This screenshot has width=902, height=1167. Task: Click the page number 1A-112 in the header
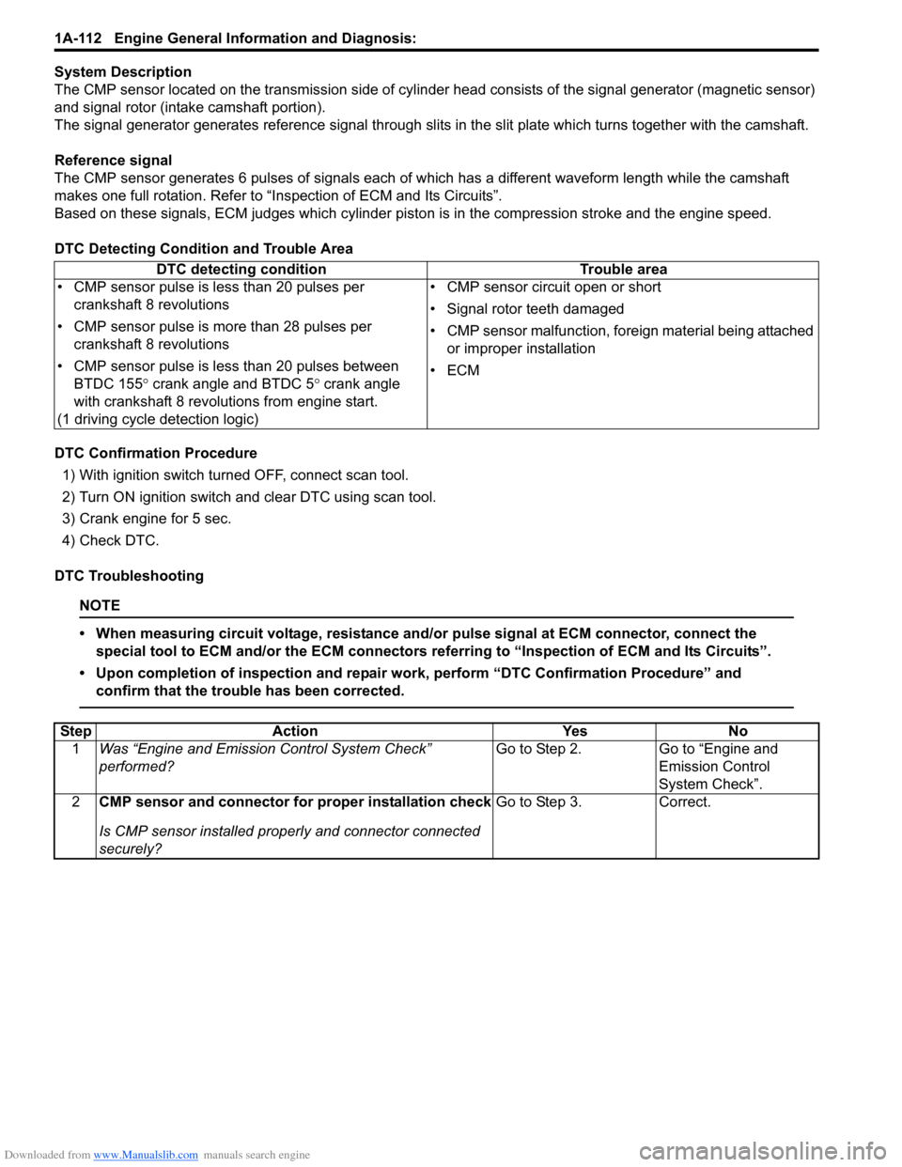pyautogui.click(x=78, y=39)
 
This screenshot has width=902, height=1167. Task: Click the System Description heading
pyautogui.click(x=123, y=71)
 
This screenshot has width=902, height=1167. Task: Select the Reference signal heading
pyautogui.click(x=114, y=160)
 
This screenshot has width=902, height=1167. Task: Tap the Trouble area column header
pyautogui.click(x=623, y=270)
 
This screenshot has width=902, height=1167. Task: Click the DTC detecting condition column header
pyautogui.click(x=241, y=270)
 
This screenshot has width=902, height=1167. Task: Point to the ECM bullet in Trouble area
pyautogui.click(x=463, y=370)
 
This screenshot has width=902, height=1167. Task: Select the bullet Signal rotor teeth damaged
pyautogui.click(x=535, y=308)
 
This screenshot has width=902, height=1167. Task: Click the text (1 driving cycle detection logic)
pyautogui.click(x=158, y=419)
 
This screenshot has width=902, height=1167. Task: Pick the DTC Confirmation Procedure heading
pyautogui.click(x=156, y=453)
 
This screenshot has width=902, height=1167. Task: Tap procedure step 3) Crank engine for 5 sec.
pyautogui.click(x=147, y=519)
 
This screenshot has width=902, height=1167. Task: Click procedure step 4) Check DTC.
pyautogui.click(x=111, y=540)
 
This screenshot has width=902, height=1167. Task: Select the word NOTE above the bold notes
pyautogui.click(x=100, y=605)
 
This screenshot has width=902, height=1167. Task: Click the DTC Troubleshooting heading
pyautogui.click(x=130, y=576)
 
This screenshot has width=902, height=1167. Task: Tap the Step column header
pyautogui.click(x=75, y=731)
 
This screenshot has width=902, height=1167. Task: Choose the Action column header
pyautogui.click(x=295, y=731)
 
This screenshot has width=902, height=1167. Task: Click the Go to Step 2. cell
pyautogui.click(x=538, y=749)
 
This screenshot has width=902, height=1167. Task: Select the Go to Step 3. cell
pyautogui.click(x=538, y=801)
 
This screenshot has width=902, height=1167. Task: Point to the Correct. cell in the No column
pyautogui.click(x=685, y=801)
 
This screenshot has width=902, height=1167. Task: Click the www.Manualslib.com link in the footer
pyautogui.click(x=146, y=1155)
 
